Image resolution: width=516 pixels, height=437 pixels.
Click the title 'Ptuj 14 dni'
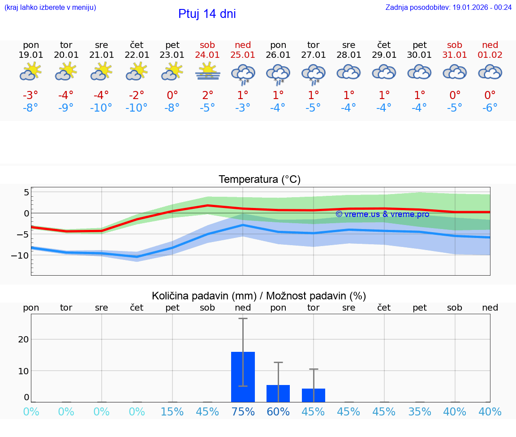tap(207, 14)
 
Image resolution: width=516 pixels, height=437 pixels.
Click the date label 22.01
tap(137, 55)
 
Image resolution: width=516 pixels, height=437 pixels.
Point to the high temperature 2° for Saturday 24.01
tap(207, 95)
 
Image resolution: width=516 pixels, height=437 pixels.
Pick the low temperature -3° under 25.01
tap(243, 108)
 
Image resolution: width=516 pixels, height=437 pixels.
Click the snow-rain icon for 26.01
tap(278, 74)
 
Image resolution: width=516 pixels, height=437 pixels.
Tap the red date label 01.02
tap(490, 55)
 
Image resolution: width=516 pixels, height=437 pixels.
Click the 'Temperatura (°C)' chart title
tap(259, 180)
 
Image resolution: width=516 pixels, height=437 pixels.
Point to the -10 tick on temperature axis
tap(21, 255)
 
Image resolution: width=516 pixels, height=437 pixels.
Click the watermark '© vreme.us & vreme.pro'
tap(382, 214)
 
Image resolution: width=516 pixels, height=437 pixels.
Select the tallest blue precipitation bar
tap(243, 376)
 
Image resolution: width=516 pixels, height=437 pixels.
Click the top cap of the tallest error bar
tap(243, 318)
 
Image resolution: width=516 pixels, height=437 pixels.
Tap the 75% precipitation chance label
tap(243, 412)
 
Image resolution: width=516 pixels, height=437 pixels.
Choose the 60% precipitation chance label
tap(278, 412)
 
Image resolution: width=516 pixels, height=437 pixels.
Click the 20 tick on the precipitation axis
tap(23, 339)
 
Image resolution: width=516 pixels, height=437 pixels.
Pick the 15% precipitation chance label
tap(172, 412)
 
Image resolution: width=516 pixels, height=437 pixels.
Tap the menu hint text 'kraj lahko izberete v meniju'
tap(50, 7)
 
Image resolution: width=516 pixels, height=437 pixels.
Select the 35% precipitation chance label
tap(420, 412)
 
